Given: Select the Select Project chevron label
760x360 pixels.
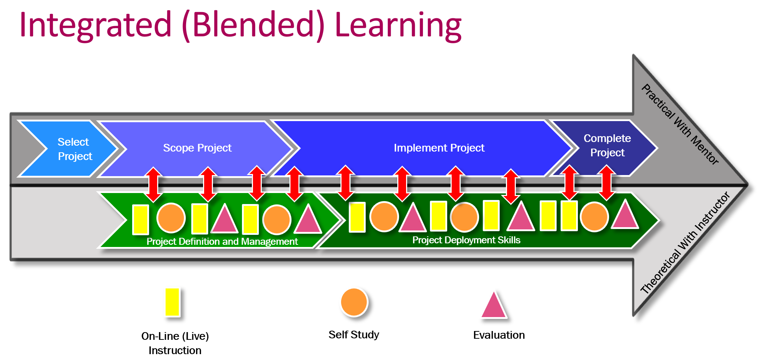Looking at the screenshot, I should (75, 149).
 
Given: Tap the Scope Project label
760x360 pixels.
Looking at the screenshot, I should (197, 148).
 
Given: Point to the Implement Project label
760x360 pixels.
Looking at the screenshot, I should (439, 148).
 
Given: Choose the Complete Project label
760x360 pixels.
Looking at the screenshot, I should (607, 145).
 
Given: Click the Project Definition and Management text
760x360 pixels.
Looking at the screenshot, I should (222, 241).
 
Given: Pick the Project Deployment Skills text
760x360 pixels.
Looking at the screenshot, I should (466, 240).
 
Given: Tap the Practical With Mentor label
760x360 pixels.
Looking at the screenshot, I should (680, 124).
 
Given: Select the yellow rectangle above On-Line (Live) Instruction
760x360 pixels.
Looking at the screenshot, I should (172, 302).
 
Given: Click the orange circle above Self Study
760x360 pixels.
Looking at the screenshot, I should (354, 302).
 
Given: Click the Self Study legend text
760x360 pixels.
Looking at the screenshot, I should (354, 335).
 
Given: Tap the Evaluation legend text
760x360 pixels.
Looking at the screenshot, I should (499, 335).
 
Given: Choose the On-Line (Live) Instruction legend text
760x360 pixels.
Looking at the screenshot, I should (175, 343).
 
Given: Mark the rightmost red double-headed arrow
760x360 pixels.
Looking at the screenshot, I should (607, 183).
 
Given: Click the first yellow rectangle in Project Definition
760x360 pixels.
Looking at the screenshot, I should (141, 219).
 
